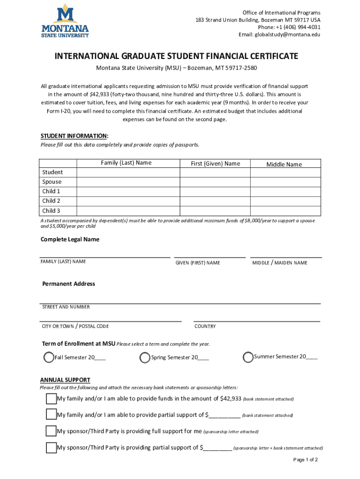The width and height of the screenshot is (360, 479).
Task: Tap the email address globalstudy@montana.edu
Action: coord(280,35)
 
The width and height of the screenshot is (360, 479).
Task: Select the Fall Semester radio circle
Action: coord(49,358)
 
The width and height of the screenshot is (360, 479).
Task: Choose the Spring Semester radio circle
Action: coord(145,358)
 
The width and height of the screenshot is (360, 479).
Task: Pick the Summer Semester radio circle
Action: coord(248,357)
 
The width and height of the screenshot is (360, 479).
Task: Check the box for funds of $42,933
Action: coord(51,399)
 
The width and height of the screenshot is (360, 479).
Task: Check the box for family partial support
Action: coord(51,414)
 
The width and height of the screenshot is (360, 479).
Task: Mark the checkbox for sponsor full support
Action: coord(51,431)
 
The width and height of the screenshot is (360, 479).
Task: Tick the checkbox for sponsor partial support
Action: coord(51,448)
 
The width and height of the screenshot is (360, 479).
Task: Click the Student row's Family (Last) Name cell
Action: coord(129,173)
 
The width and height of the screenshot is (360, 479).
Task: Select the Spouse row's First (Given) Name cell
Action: coord(215,182)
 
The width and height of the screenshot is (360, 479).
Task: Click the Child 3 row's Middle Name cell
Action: coord(286,211)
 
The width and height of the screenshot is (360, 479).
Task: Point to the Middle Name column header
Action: coord(284,164)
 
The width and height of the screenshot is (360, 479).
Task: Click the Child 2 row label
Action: coord(51,201)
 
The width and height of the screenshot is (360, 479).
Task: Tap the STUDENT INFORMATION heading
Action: coord(75,136)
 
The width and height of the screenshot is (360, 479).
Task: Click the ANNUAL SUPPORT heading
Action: coord(65,380)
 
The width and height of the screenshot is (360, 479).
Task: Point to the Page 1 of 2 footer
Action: coord(305,460)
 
